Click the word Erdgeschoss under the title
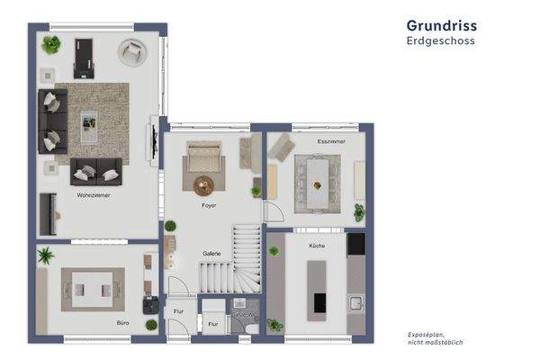440,40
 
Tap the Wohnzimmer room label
94,194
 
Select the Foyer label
208,206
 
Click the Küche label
317,245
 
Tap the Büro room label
121,320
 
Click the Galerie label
211,253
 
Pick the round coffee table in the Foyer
204,185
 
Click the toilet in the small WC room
250,328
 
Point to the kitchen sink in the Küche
355,302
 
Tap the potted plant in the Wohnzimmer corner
51,43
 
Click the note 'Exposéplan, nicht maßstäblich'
436,338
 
